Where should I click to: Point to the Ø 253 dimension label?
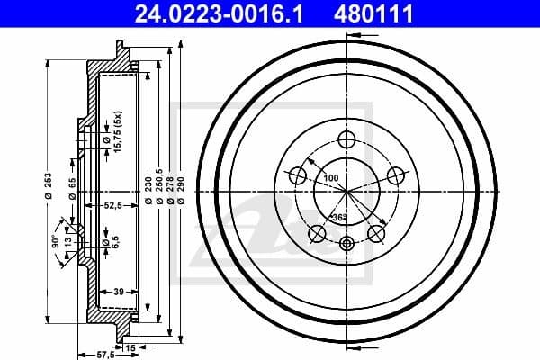47,192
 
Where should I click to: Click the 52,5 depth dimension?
113,206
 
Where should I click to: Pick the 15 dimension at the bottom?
130,346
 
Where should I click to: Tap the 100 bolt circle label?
332,179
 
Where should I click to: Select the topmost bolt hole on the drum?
347,139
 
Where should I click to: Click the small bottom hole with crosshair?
347,242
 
